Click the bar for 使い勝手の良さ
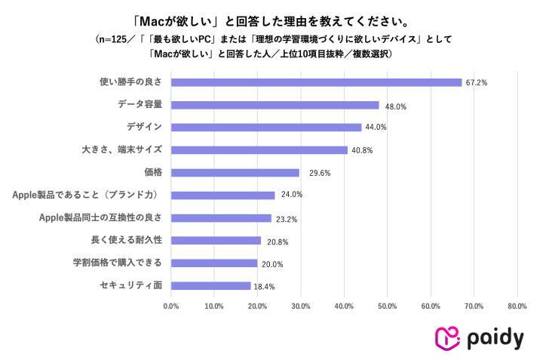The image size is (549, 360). [x=316, y=82]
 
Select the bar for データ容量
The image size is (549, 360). [x=274, y=105]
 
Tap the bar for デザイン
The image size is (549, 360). [x=266, y=127]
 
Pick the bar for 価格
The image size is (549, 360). [x=235, y=172]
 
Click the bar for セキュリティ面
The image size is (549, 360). [x=210, y=286]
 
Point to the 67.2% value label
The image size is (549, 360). [x=477, y=82]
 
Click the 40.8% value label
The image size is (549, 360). [x=362, y=150]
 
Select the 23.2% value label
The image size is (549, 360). [x=287, y=219]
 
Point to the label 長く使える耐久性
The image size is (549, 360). [x=126, y=240]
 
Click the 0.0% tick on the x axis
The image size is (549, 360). [x=171, y=306]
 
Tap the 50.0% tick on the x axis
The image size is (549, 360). [x=388, y=306]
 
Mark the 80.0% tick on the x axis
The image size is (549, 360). [x=517, y=306]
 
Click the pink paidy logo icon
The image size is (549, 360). [x=448, y=337]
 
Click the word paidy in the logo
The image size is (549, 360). [x=494, y=339]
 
